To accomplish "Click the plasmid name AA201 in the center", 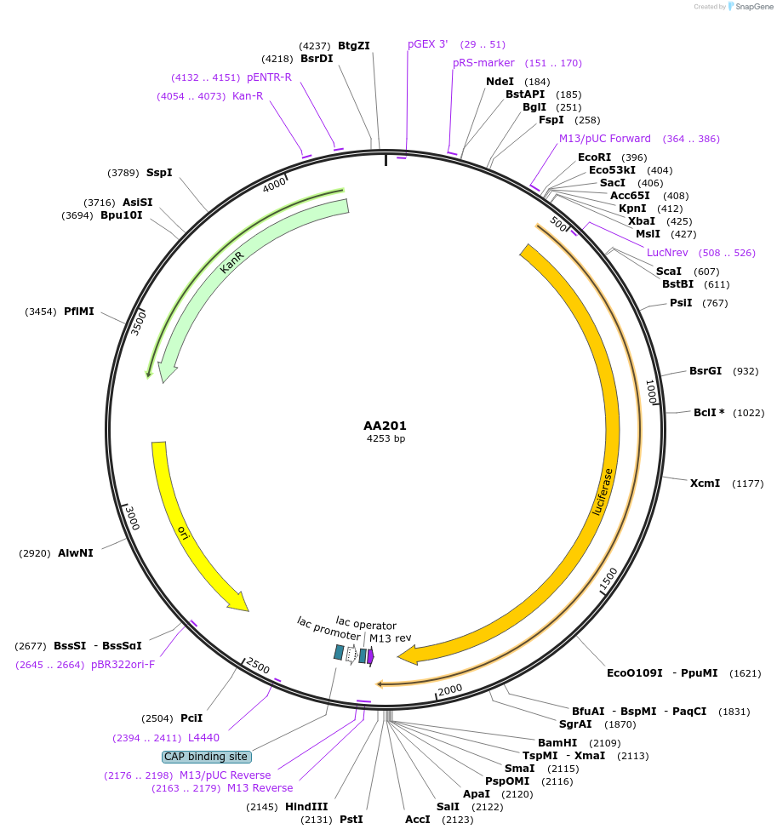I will click(x=386, y=426).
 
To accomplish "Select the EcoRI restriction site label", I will click(x=595, y=157).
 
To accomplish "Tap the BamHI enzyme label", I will click(x=557, y=743).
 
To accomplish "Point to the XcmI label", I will click(x=705, y=483).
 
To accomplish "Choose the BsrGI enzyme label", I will click(x=706, y=371).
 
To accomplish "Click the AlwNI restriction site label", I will click(x=76, y=553).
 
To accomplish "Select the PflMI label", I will click(x=79, y=312).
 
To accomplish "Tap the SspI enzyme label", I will click(x=159, y=173).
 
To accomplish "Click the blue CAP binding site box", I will click(x=206, y=756).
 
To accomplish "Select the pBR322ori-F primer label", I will click(x=123, y=665).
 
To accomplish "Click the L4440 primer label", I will click(x=203, y=738).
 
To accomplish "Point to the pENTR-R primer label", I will click(x=269, y=77).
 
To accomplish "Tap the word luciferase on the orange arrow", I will click(x=603, y=491).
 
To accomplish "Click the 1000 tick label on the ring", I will click(x=651, y=392).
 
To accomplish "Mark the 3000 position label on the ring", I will click(x=131, y=517).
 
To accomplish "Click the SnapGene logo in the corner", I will click(x=749, y=7).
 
